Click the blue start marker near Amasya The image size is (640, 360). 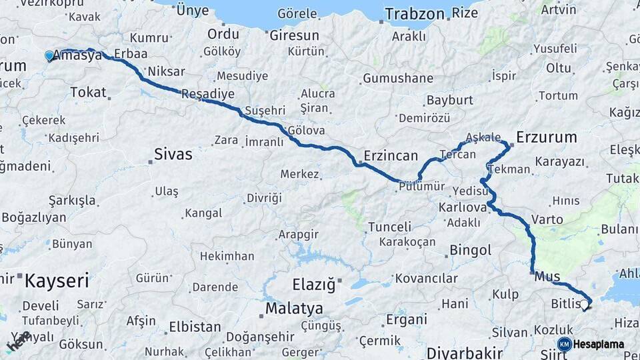pyautogui.click(x=49, y=56)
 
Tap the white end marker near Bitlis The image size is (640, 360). pyautogui.click(x=585, y=305)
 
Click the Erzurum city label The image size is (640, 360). pyautogui.click(x=546, y=137)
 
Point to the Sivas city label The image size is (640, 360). pyautogui.click(x=173, y=155)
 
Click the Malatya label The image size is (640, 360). pyautogui.click(x=294, y=309)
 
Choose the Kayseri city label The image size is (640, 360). pyautogui.click(x=56, y=281)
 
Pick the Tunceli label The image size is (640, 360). pyautogui.click(x=389, y=227)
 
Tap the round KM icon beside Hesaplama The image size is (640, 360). pyautogui.click(x=564, y=344)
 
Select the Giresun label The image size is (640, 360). pyautogui.click(x=294, y=35)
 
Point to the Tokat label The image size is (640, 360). pyautogui.click(x=87, y=92)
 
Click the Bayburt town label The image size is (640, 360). pyautogui.click(x=449, y=101)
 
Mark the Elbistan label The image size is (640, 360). pyautogui.click(x=195, y=327)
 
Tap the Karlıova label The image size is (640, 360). pyautogui.click(x=463, y=207)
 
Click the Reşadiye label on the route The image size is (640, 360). pyautogui.click(x=208, y=93)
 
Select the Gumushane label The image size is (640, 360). pyautogui.click(x=398, y=79)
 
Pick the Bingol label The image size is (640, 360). pyautogui.click(x=470, y=251)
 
